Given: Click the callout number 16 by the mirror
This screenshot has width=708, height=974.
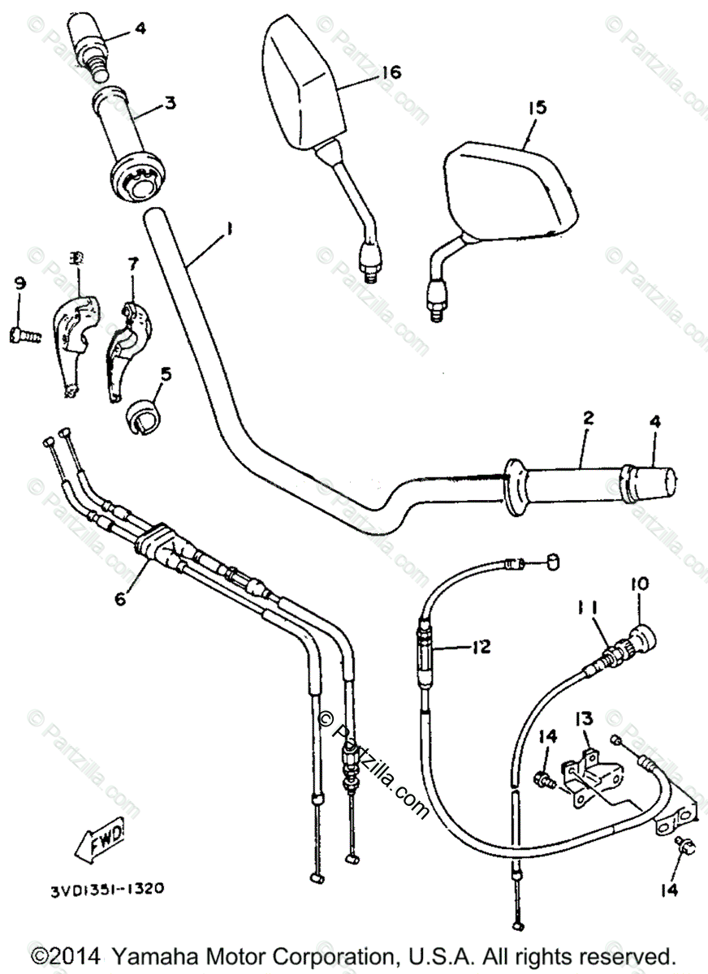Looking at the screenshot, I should point(391,72).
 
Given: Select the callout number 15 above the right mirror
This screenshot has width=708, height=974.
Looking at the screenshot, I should point(537,107).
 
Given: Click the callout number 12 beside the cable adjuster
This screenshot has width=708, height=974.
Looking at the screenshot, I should point(481,647).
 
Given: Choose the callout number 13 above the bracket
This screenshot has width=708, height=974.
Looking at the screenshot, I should point(585,718).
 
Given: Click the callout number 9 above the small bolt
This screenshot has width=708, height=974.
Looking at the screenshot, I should point(19,283).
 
